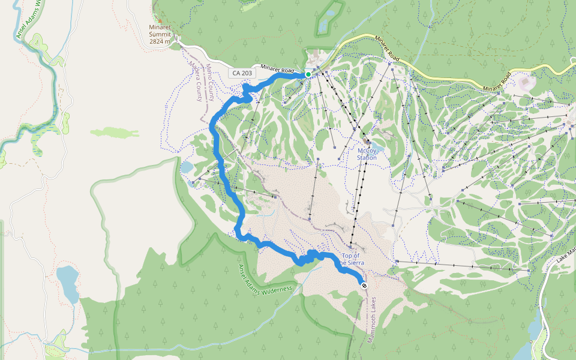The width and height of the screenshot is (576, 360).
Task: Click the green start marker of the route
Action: pos(308,74)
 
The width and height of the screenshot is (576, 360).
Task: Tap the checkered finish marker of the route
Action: pos(364,286)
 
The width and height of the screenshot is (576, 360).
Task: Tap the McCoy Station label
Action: pos(367,154)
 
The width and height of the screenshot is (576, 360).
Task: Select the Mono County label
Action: pos(211,81)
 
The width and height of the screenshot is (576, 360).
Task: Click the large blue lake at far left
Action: pos(67,284)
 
